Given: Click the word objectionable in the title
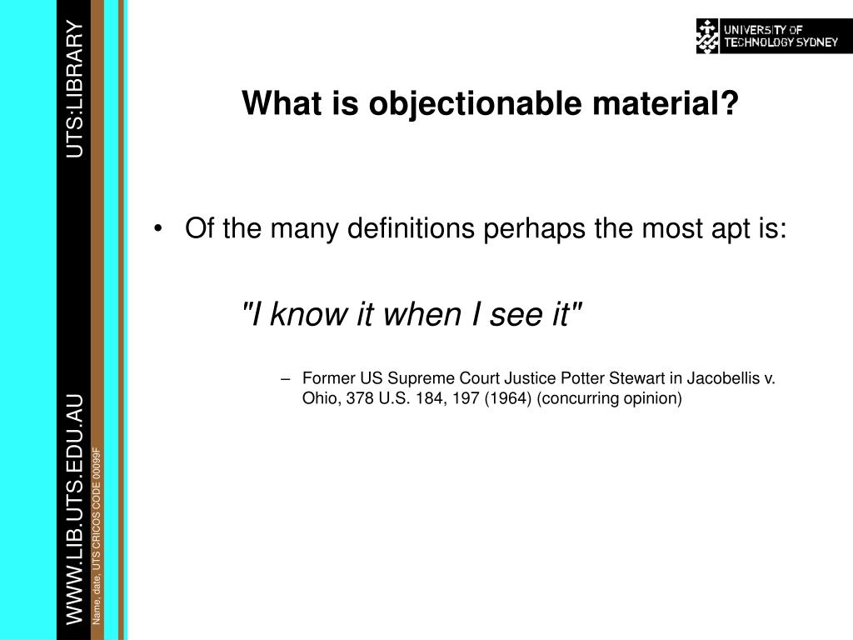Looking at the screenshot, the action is [475, 103].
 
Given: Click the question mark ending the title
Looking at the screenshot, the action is [730, 102].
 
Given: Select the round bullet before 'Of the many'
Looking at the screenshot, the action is [157, 228].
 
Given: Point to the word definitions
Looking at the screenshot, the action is [411, 227].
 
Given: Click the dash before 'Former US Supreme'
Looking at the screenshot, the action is [286, 379].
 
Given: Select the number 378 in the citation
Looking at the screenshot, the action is [360, 398].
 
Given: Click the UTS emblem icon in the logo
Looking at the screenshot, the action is [707, 36].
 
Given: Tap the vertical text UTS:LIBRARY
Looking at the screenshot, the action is [74, 88].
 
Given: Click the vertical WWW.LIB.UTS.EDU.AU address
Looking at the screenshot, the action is [74, 509].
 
